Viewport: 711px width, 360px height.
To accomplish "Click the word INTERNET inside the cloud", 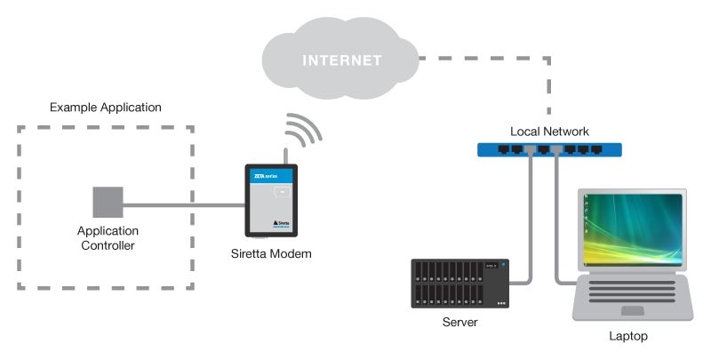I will [x=340, y=61].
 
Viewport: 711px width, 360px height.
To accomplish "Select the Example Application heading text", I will [x=106, y=108].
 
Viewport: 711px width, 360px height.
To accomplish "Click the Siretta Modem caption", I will [x=272, y=256].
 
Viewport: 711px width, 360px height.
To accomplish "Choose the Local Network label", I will [x=549, y=132].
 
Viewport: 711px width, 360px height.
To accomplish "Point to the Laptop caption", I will [x=628, y=337].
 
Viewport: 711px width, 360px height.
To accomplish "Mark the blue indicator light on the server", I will [x=502, y=264].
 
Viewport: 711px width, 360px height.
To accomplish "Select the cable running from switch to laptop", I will [x=558, y=231].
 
